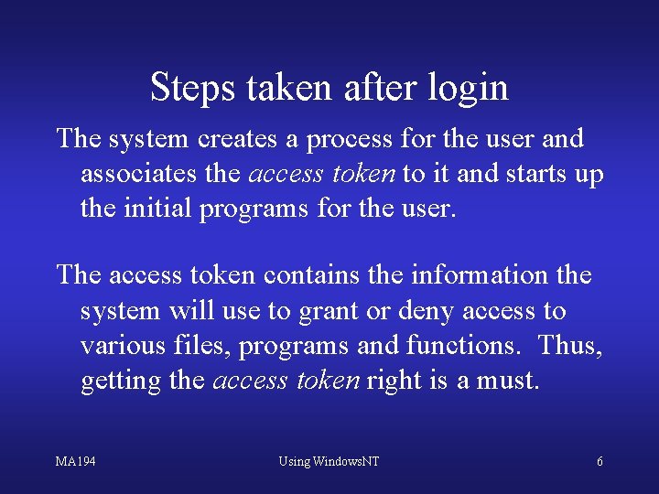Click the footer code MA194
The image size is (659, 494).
point(75,461)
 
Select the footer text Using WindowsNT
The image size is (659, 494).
point(329,461)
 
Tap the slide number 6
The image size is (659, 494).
point(600,461)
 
